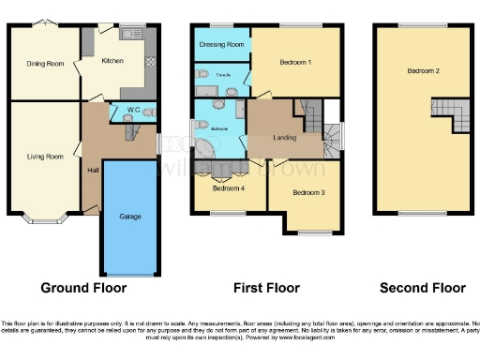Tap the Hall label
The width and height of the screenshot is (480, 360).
pyautogui.click(x=92, y=170)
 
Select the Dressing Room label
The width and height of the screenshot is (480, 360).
pyautogui.click(x=222, y=44)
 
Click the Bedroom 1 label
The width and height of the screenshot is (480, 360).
pyautogui.click(x=296, y=63)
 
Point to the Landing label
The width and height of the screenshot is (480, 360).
pyautogui.click(x=285, y=137)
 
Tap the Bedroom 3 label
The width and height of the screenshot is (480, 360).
pyautogui.click(x=308, y=193)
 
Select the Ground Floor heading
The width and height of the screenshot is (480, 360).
pyautogui.click(x=83, y=288)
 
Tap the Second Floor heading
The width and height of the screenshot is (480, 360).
pyautogui.click(x=422, y=288)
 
